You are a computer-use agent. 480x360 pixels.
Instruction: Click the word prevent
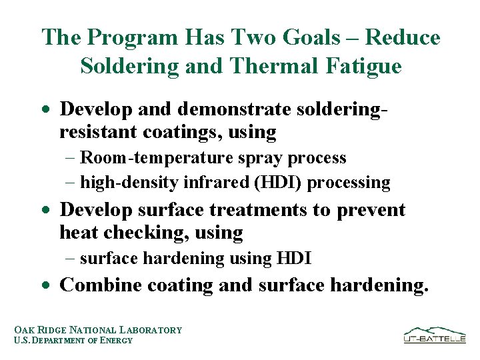371,210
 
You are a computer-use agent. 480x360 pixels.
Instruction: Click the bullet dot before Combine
45,285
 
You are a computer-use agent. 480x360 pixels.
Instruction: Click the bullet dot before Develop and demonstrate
45,109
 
